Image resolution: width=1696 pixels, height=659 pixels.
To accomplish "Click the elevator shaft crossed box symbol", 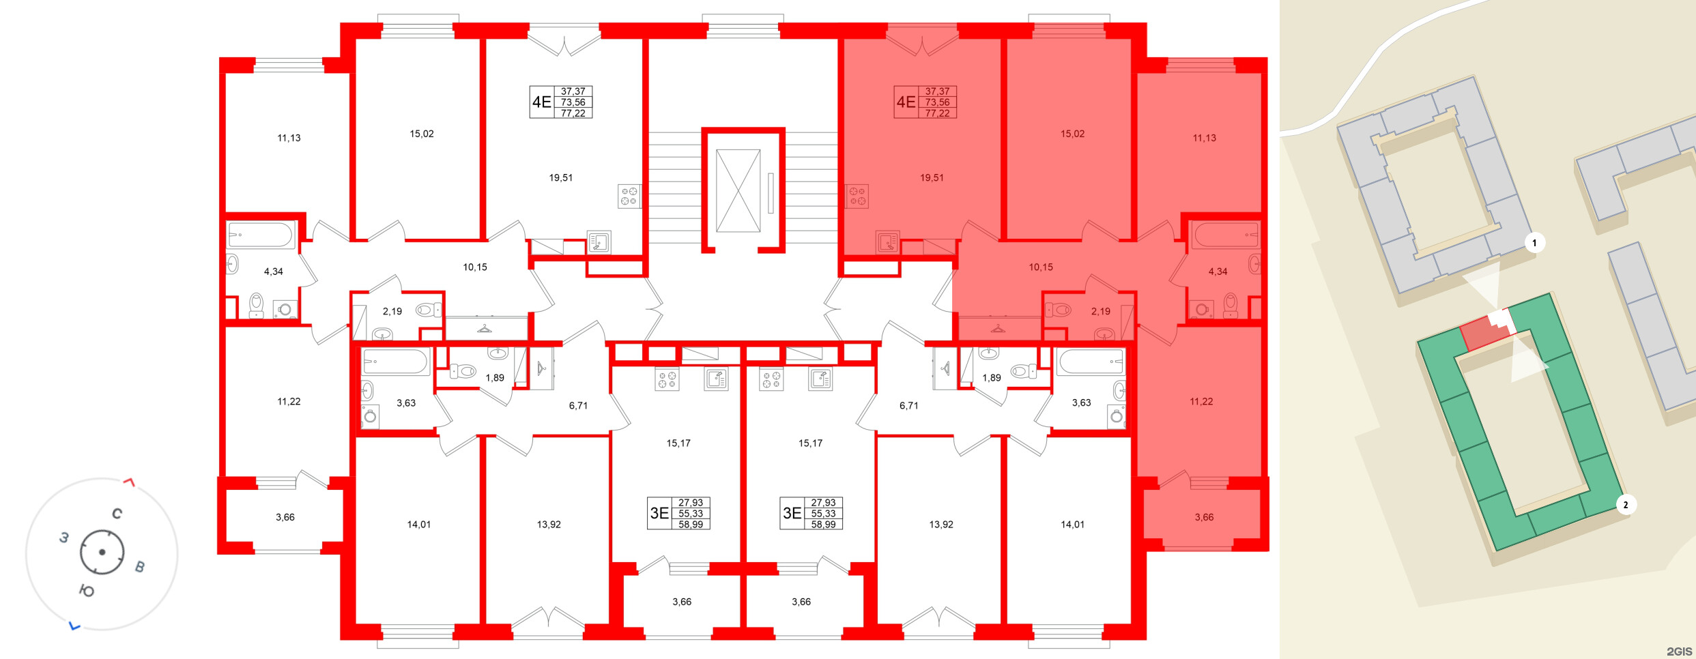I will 738,191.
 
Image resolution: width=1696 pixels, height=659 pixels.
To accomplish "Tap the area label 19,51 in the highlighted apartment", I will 932,178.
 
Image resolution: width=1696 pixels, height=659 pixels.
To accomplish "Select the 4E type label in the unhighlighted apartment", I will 541,102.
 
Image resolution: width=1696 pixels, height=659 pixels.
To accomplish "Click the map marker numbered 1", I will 1534,243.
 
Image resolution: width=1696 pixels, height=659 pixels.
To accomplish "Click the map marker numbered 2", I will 1625,505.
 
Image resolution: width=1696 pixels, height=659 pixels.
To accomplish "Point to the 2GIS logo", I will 1679,651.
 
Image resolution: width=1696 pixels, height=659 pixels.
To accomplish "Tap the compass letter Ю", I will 87,591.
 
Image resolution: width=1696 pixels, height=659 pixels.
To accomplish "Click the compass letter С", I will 117,514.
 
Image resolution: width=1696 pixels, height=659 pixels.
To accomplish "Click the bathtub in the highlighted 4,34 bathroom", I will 1226,235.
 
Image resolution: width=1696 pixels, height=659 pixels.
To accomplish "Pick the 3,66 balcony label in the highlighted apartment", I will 1204,517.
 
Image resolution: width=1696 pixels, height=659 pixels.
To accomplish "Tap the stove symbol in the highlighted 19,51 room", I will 857,196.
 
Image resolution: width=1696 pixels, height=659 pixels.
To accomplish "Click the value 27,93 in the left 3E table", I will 691,503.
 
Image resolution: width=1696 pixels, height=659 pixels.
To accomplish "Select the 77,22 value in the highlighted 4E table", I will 937,113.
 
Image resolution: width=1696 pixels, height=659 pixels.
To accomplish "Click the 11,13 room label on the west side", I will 289,138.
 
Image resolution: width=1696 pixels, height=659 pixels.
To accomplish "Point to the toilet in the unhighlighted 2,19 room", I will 427,310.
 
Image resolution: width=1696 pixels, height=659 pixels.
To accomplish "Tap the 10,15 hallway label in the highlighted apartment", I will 1041,267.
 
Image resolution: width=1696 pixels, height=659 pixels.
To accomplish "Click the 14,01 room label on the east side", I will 1072,525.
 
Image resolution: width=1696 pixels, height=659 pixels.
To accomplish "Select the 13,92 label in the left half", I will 549,525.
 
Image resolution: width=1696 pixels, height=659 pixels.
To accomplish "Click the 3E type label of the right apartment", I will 792,513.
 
